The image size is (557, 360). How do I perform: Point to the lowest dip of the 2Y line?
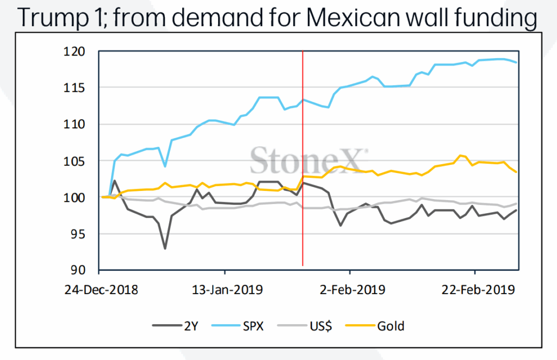165,249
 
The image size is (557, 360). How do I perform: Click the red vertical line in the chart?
302,136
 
